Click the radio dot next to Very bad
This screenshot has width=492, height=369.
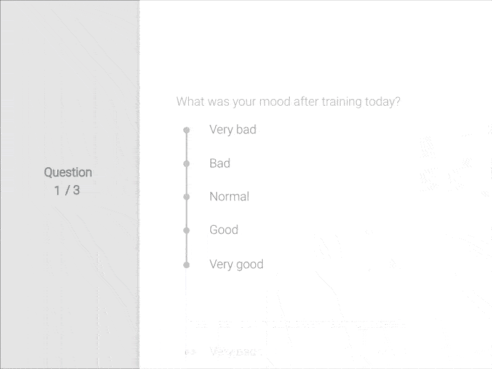pyautogui.click(x=186, y=130)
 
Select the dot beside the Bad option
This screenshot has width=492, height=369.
pyautogui.click(x=186, y=164)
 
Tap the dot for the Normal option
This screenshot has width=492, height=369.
pyautogui.click(x=186, y=197)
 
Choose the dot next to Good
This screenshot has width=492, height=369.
pyautogui.click(x=186, y=230)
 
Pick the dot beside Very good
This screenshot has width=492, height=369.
pyautogui.click(x=186, y=264)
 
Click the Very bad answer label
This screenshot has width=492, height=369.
pyautogui.click(x=232, y=130)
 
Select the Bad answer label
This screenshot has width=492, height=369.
pyautogui.click(x=220, y=163)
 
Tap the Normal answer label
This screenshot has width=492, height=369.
pyautogui.click(x=229, y=197)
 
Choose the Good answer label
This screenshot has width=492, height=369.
pyautogui.click(x=223, y=230)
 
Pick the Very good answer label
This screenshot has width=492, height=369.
pyautogui.click(x=236, y=264)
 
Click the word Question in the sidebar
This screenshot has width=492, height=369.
pyautogui.click(x=68, y=173)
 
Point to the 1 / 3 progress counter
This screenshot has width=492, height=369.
pyautogui.click(x=67, y=191)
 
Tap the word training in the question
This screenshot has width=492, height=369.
pyautogui.click(x=340, y=101)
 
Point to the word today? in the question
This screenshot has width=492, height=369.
pyautogui.click(x=383, y=101)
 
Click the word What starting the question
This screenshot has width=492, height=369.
pyautogui.click(x=190, y=101)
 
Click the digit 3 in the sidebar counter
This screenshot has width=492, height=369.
pyautogui.click(x=76, y=191)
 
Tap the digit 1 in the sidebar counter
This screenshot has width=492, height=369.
pyautogui.click(x=57, y=191)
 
